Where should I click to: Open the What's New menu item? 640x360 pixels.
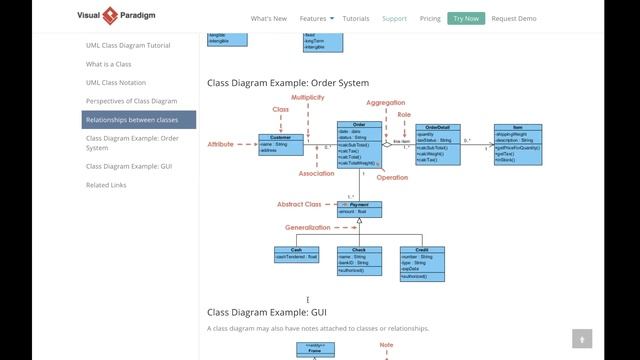(268, 18)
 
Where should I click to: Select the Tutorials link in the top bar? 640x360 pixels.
(355, 18)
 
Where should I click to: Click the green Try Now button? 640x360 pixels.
(465, 18)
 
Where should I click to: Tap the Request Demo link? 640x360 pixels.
(514, 18)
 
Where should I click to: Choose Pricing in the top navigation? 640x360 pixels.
(430, 18)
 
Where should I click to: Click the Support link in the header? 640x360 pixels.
(394, 18)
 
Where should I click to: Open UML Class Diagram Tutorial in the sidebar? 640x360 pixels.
(127, 45)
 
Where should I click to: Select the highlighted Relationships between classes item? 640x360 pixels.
(139, 120)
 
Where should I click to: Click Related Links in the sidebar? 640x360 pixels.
(106, 185)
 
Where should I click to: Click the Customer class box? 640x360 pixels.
(280, 144)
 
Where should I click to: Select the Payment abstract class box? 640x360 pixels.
(359, 208)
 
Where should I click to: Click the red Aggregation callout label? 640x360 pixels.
(385, 103)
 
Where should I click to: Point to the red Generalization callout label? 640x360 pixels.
(307, 227)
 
